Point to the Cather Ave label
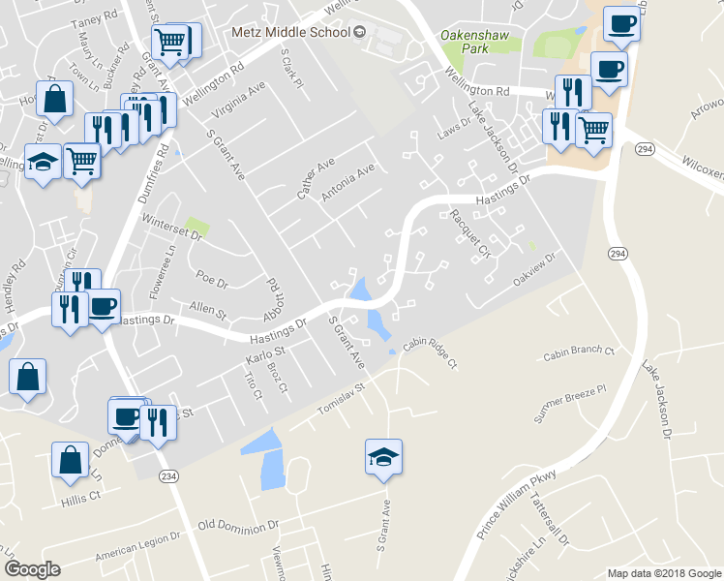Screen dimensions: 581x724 (x=316, y=179)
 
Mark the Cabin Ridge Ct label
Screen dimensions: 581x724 (x=429, y=354)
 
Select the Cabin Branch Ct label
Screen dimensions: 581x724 (x=580, y=352)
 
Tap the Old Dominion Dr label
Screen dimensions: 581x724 (x=237, y=527)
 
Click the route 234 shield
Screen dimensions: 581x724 (x=168, y=476)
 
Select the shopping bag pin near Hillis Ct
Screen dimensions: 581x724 (x=72, y=462)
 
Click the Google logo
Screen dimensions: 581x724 (x=33, y=568)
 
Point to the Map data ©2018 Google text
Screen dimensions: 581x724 (x=664, y=573)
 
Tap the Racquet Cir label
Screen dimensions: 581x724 (x=465, y=235)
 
